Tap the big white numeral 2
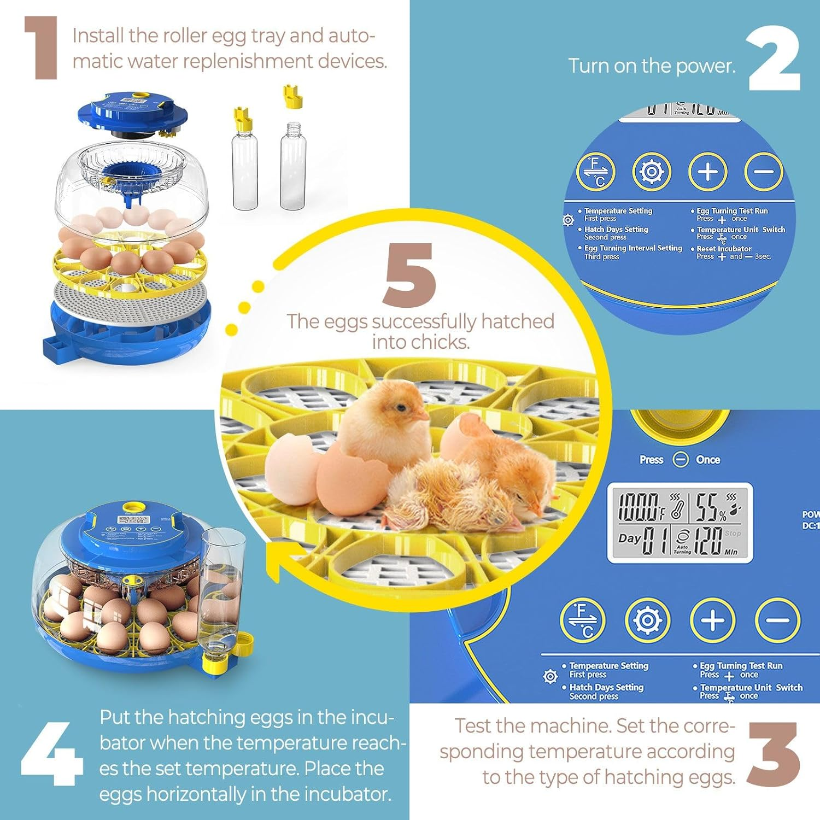[774, 59]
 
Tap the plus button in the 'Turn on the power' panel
[707, 172]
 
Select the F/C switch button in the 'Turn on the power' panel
[596, 172]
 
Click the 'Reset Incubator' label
[724, 249]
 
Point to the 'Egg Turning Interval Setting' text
[633, 248]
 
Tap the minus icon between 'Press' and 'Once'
[681, 460]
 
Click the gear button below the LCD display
[647, 620]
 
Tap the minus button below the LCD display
[777, 620]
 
